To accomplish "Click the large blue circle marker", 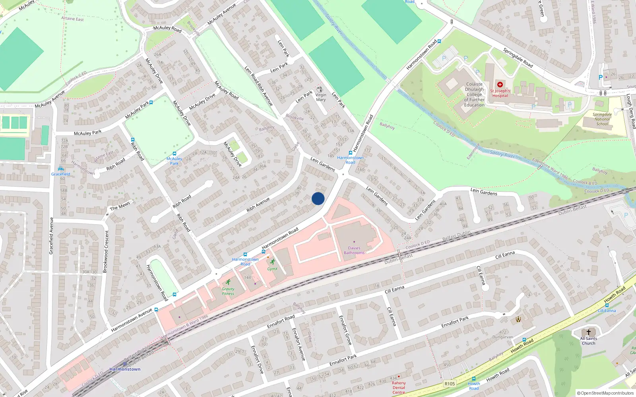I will [318, 198].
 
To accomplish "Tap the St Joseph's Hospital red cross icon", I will [500, 85].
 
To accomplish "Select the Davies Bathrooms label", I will [354, 251].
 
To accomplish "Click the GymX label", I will [272, 269].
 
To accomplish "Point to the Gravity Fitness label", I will [228, 291].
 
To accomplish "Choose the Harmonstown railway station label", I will [125, 369].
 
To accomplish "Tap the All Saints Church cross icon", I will [589, 332].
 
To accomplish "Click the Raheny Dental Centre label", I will [399, 387].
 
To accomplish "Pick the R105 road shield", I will [450, 384].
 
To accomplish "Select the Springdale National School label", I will [602, 119].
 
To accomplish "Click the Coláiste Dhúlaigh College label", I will [474, 94].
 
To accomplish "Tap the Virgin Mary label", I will [321, 97].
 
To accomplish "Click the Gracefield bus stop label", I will [60, 174].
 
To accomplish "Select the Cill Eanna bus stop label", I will [607, 310].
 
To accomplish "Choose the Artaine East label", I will [72, 19].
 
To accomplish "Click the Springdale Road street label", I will [518, 58].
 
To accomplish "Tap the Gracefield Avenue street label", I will [51, 236].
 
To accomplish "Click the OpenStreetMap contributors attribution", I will [605, 393].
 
